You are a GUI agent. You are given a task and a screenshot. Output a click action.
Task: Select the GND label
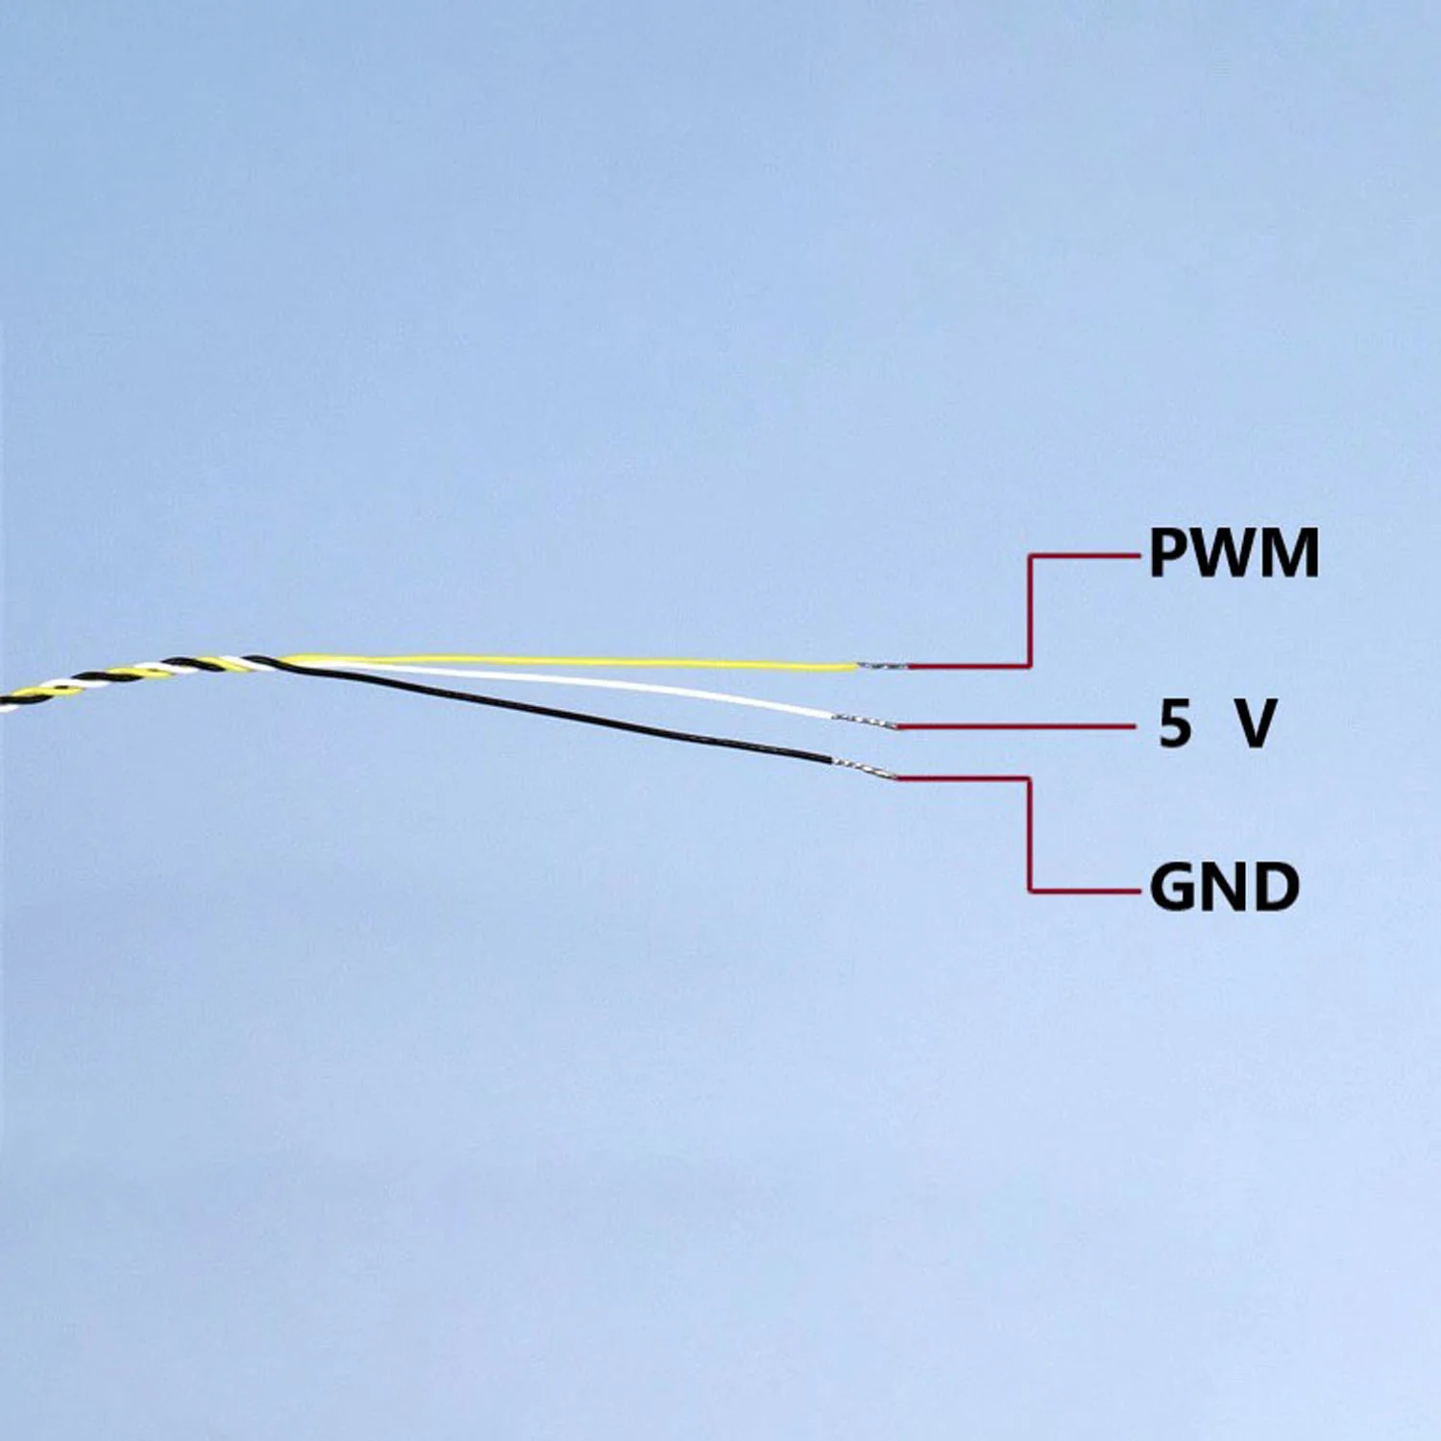(1225, 887)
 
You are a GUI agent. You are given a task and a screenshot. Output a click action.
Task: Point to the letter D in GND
(1276, 887)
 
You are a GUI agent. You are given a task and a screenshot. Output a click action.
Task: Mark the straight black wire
(557, 711)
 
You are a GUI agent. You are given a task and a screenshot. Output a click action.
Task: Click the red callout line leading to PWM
(1030, 611)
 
